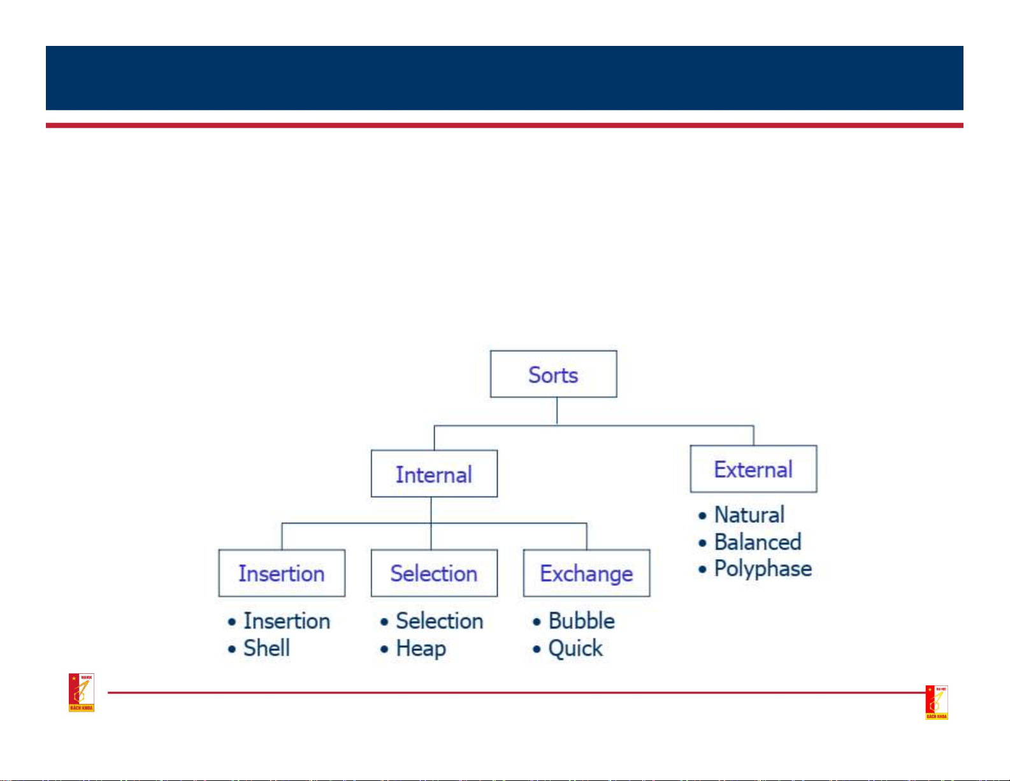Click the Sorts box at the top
click(553, 374)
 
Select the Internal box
click(434, 474)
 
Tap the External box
click(753, 469)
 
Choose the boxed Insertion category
click(282, 573)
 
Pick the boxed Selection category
click(434, 573)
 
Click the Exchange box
click(586, 573)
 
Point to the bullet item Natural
click(749, 515)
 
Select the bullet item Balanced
click(757, 542)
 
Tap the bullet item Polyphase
click(763, 569)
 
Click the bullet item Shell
click(266, 648)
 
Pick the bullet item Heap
click(421, 648)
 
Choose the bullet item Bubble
click(581, 621)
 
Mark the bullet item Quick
click(575, 648)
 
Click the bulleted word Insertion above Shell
click(287, 621)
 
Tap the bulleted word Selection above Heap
click(440, 621)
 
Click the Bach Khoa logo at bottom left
click(82, 692)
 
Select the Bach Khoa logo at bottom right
click(937, 703)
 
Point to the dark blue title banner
click(504, 78)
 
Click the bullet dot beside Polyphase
click(702, 569)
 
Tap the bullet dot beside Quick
click(537, 650)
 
